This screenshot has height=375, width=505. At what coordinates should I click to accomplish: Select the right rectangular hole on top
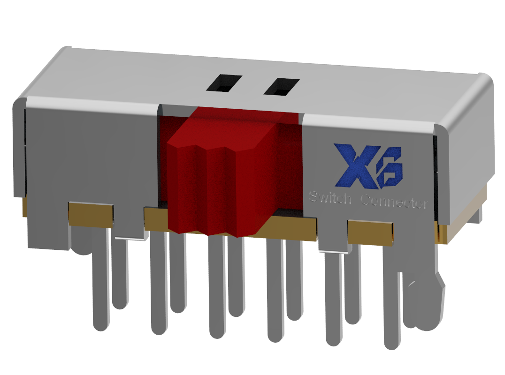[x=281, y=86]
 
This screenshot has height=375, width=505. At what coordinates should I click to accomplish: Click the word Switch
[x=330, y=198]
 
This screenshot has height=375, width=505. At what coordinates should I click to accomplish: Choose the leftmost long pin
[x=100, y=281]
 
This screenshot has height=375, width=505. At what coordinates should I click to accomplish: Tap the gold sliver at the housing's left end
[x=24, y=206]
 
